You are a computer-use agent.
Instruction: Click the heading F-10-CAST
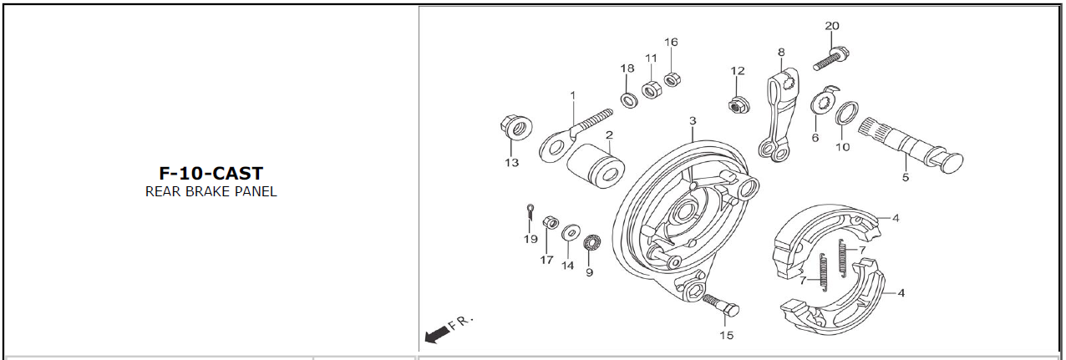pos(211,174)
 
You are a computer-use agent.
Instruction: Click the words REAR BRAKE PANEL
pos(211,191)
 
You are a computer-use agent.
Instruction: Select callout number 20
pos(831,26)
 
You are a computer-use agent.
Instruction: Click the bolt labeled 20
pos(831,59)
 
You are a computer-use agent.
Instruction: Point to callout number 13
pos(511,162)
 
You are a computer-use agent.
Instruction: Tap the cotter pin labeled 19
pos(530,212)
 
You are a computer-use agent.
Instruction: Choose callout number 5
pos(905,177)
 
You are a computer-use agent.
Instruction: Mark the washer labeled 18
pos(627,100)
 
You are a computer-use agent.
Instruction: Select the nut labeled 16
pos(670,80)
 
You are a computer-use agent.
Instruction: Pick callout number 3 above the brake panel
pos(693,121)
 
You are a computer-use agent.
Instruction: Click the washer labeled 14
pos(569,231)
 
